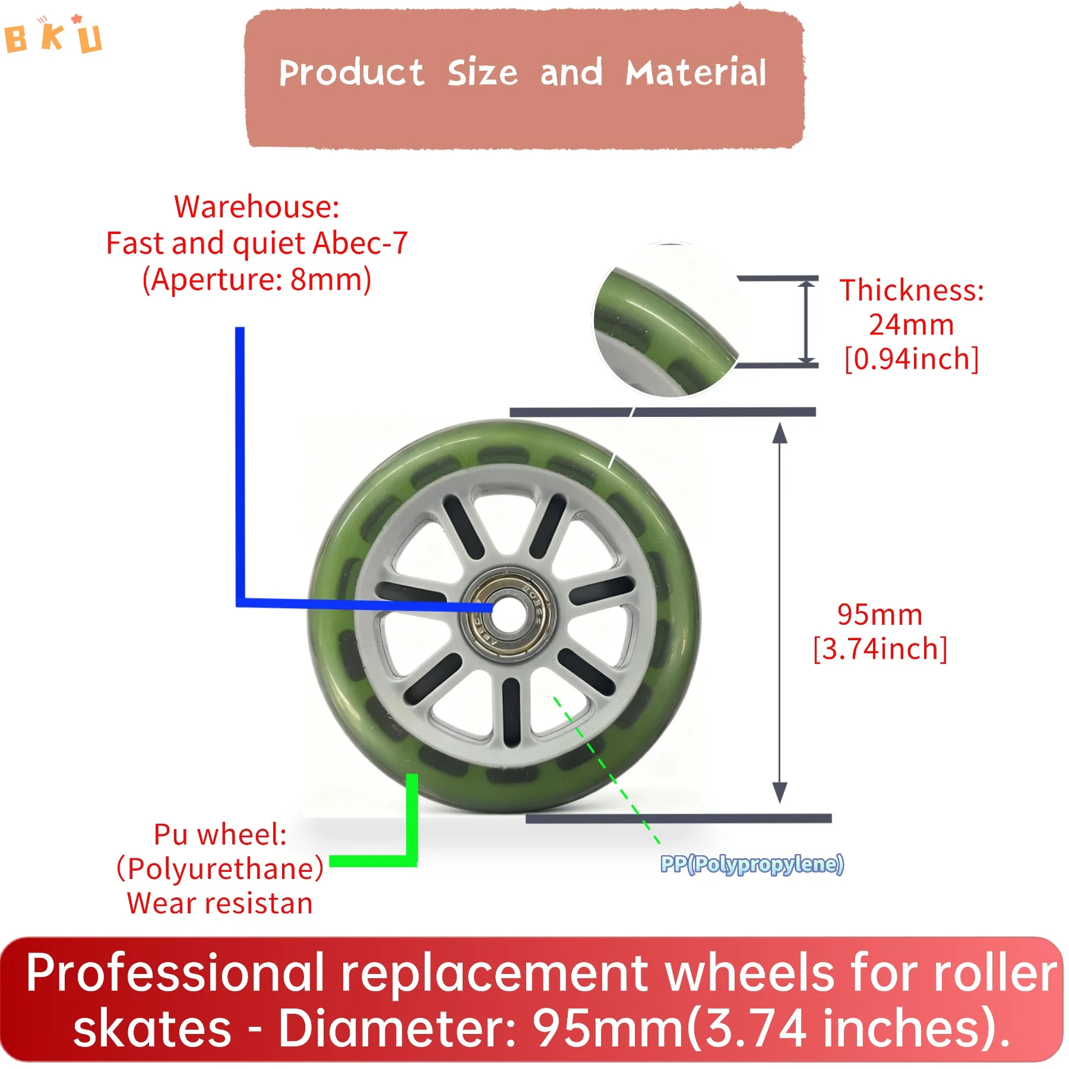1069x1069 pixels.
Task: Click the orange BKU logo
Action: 53,36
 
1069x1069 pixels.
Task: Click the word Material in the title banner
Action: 695,73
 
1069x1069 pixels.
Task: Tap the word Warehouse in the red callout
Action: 256,207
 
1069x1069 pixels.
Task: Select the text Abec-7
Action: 360,243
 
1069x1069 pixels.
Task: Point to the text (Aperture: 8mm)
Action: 257,279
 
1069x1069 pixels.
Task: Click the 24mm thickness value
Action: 911,325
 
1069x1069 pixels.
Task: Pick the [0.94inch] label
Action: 911,359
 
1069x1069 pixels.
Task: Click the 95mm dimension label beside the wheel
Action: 880,615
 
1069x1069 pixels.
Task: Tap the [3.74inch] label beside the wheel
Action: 880,649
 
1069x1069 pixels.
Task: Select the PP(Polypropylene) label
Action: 752,864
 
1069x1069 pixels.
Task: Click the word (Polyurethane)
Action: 220,869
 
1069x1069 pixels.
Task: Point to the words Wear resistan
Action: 220,903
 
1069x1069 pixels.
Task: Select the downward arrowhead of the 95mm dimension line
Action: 780,793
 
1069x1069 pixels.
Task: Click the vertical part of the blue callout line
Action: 240,463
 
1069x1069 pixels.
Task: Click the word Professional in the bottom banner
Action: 175,973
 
